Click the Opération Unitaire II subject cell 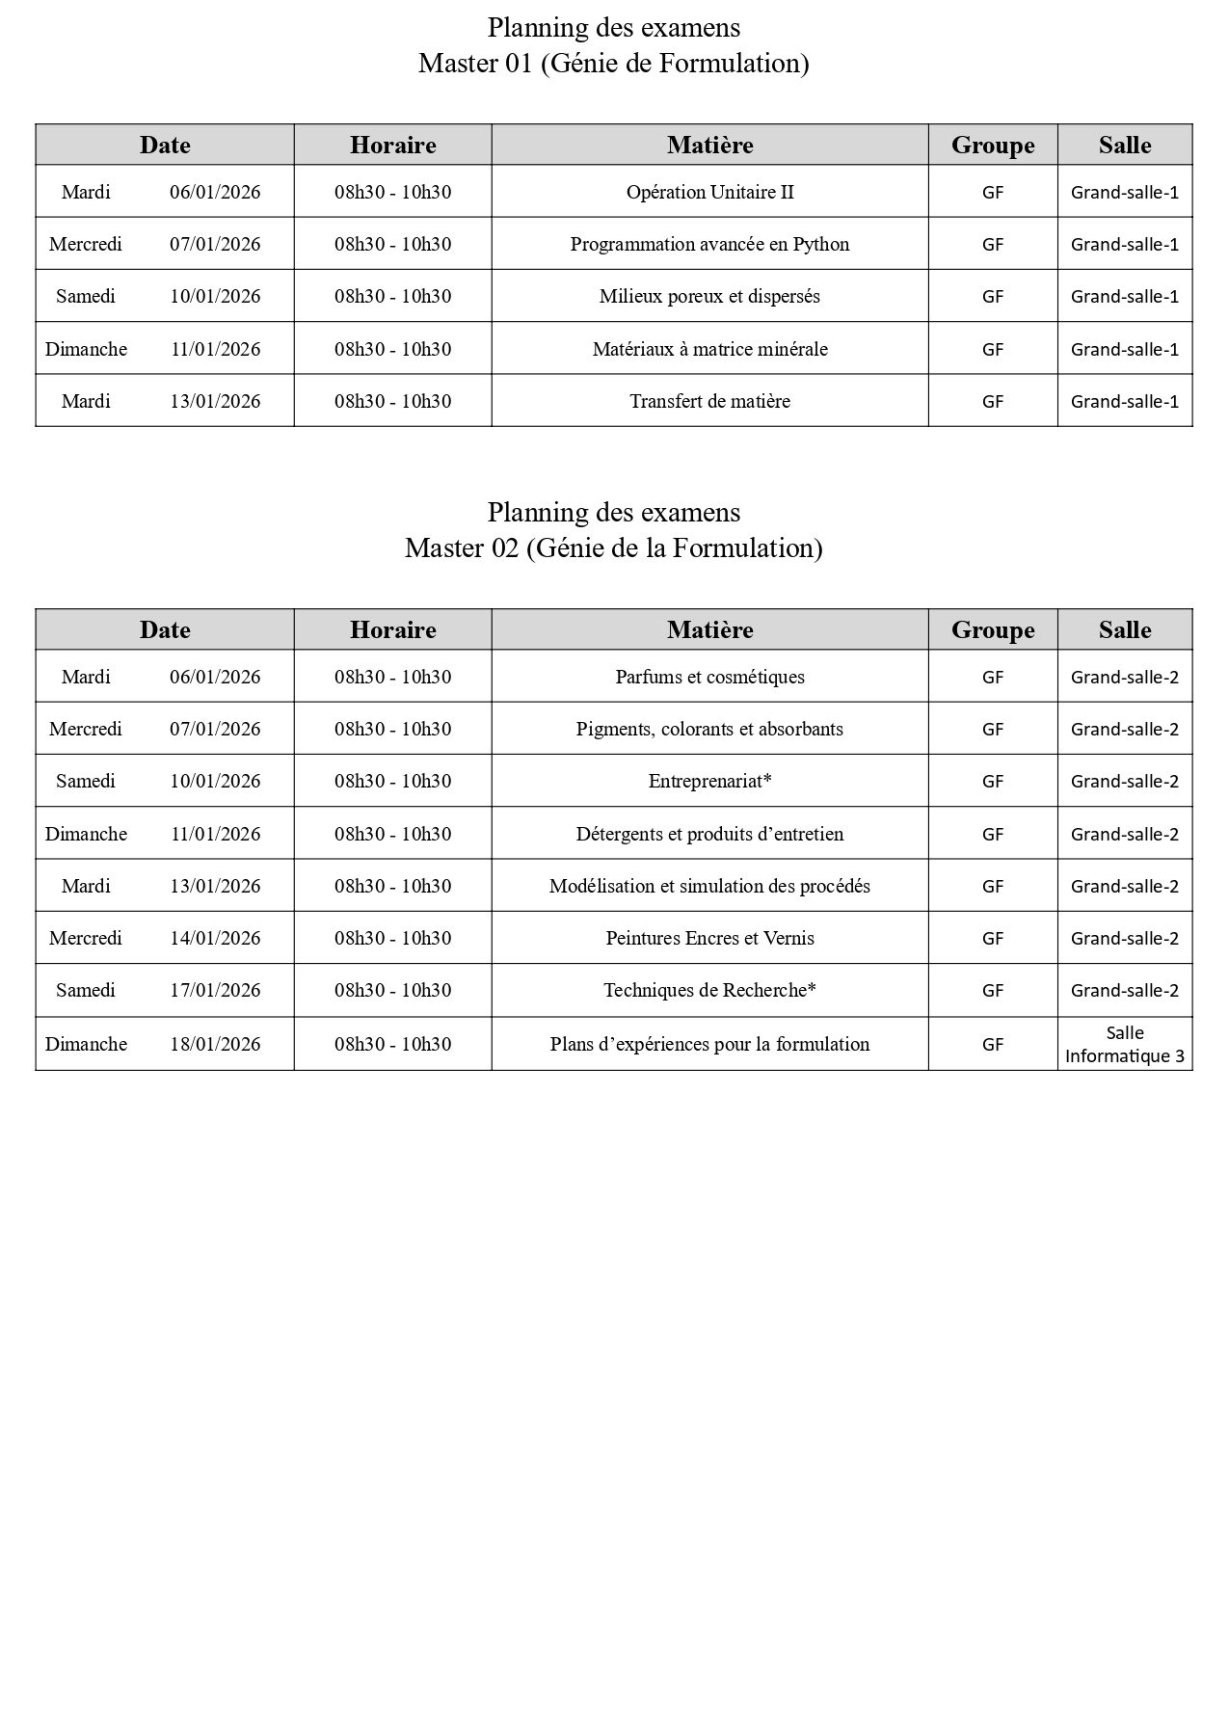pyautogui.click(x=709, y=192)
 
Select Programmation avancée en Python pyautogui.click(x=709, y=244)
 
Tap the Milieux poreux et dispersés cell pyautogui.click(x=709, y=296)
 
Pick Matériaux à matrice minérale pyautogui.click(x=709, y=349)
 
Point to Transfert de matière pyautogui.click(x=709, y=401)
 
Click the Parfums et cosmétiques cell pyautogui.click(x=709, y=677)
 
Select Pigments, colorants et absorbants pyautogui.click(x=709, y=729)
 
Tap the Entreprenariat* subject pyautogui.click(x=709, y=781)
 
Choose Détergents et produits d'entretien pyautogui.click(x=709, y=834)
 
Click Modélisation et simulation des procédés pyautogui.click(x=709, y=886)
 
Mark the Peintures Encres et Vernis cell pyautogui.click(x=709, y=938)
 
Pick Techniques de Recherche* pyautogui.click(x=709, y=990)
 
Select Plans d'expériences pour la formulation pyautogui.click(x=709, y=1044)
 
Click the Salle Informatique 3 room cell pyautogui.click(x=1124, y=1044)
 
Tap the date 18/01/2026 pyautogui.click(x=215, y=1044)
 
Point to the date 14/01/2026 pyautogui.click(x=215, y=938)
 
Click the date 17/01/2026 pyautogui.click(x=215, y=990)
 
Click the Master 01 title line pyautogui.click(x=613, y=64)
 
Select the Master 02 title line pyautogui.click(x=613, y=548)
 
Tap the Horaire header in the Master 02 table pyautogui.click(x=392, y=629)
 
